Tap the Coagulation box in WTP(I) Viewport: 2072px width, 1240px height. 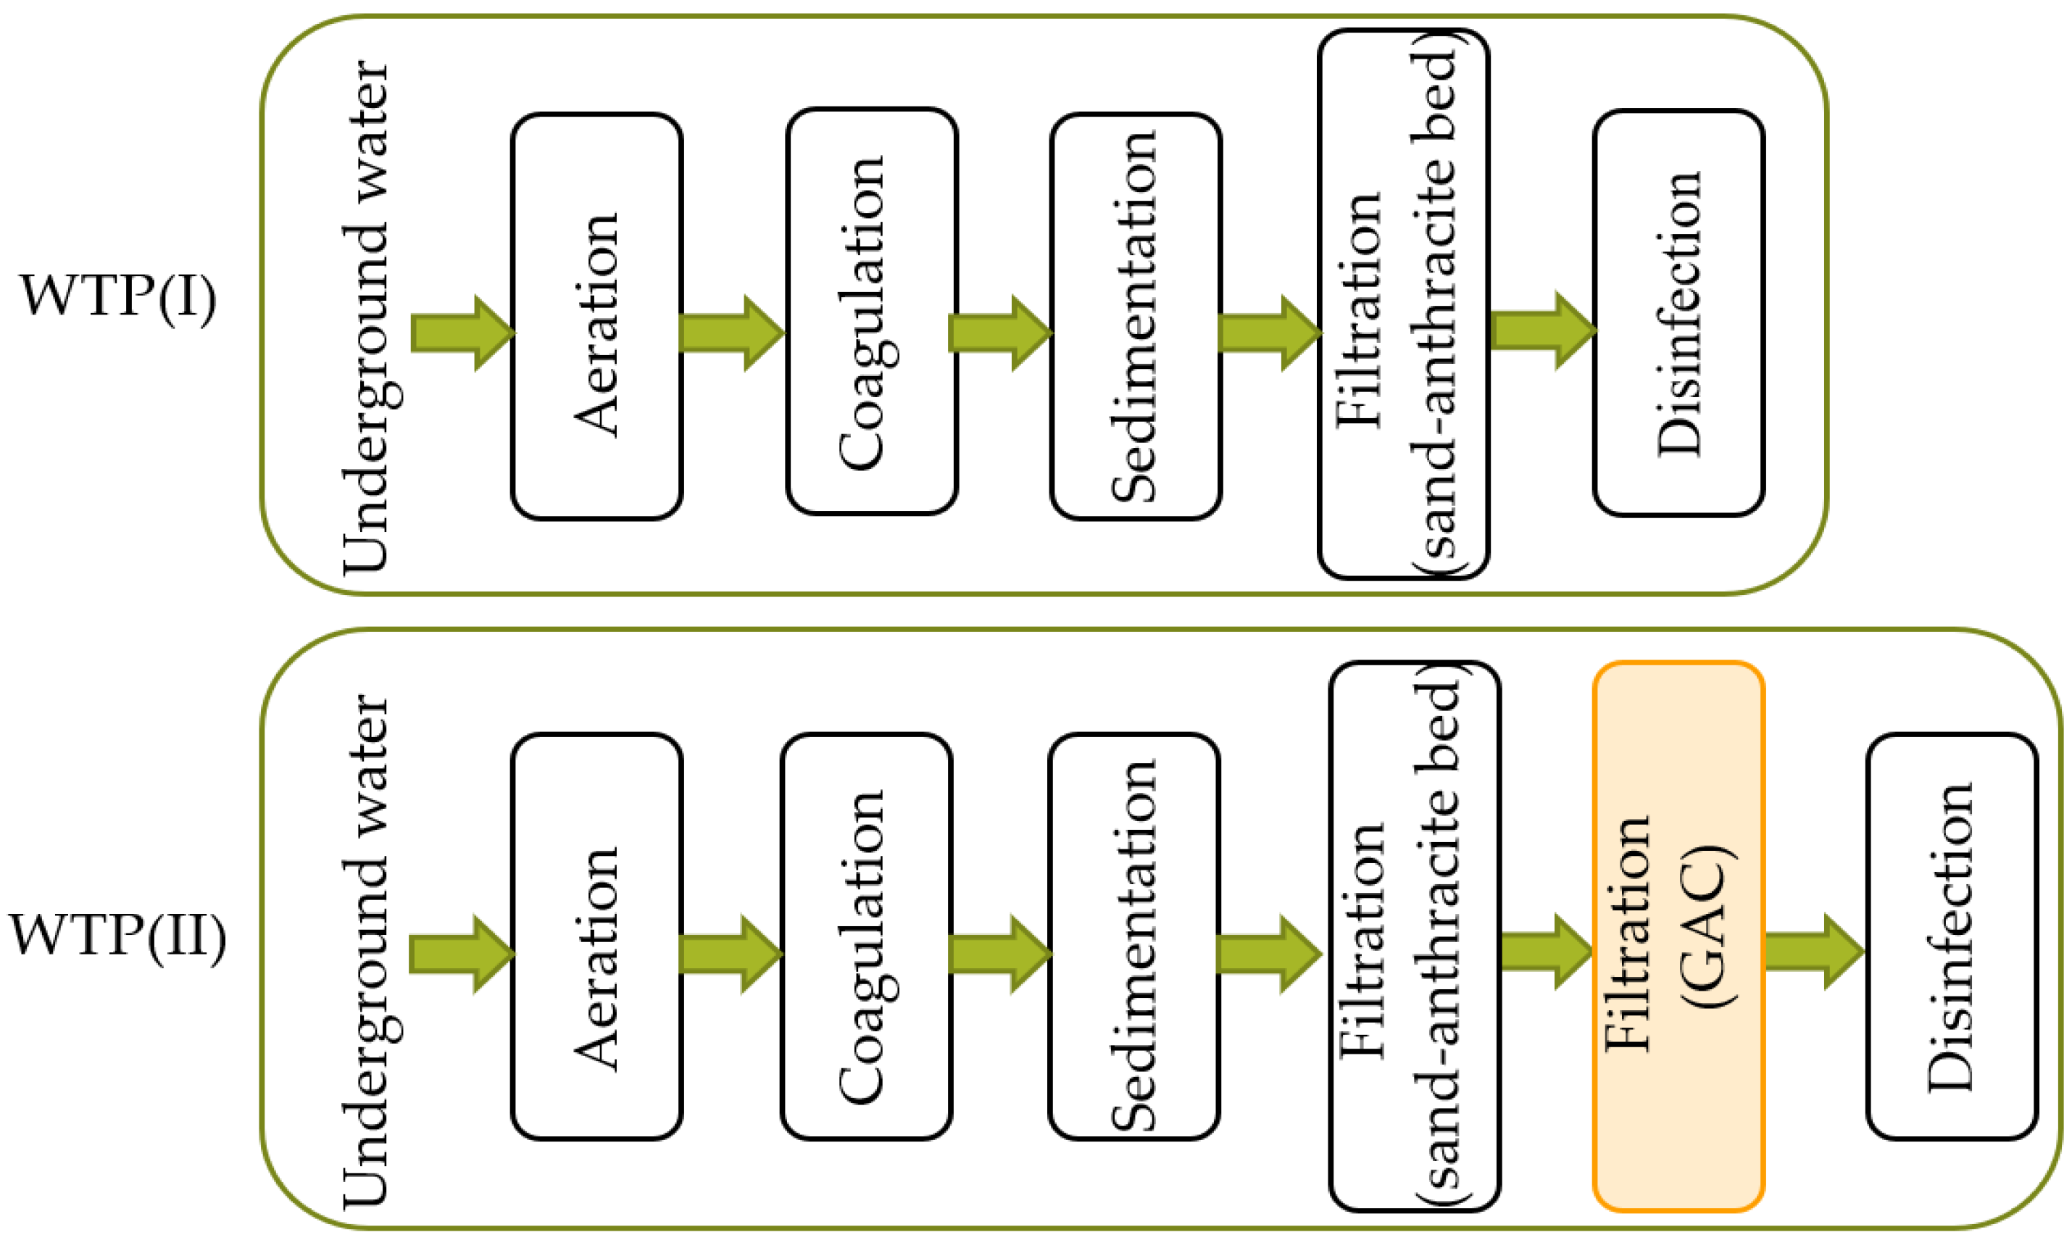point(871,311)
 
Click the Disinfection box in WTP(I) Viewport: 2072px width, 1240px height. point(1678,313)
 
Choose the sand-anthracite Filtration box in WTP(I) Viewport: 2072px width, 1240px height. point(1403,304)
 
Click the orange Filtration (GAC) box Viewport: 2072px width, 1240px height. point(1678,936)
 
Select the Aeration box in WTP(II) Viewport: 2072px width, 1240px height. point(596,936)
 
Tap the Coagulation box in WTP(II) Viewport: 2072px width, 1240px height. point(866,936)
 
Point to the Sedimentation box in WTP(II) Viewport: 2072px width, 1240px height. point(1133,936)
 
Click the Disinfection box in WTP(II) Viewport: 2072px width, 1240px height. point(1952,936)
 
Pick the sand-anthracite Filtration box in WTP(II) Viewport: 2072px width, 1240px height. point(1415,936)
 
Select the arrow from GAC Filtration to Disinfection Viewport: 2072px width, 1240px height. point(1813,952)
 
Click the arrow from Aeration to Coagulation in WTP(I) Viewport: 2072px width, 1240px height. point(732,333)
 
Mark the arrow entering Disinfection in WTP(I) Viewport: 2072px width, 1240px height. point(1542,330)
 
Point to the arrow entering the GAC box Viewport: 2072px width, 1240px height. point(1547,952)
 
